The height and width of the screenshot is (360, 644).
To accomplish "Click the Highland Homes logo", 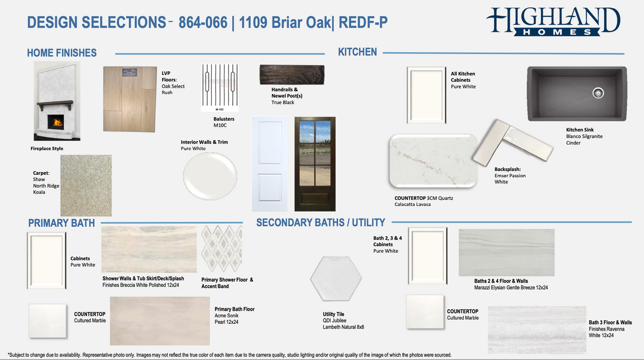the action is pos(553,22).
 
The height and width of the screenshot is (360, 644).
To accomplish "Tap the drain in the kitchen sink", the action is pos(598,93).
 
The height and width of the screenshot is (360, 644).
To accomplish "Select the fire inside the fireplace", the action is pos(56,122).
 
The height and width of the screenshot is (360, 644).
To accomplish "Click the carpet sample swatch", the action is pos(86,185).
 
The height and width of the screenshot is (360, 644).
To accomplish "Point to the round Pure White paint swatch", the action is pos(210,176).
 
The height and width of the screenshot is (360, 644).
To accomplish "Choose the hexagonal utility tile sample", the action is pos(336,279).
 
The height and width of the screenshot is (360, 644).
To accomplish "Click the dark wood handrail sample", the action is pos(292,75).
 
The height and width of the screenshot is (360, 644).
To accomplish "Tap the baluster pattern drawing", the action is pos(220,88).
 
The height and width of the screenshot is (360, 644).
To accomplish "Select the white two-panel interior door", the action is pos(270,164).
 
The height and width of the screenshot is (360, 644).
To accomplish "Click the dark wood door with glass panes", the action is pos(315,164).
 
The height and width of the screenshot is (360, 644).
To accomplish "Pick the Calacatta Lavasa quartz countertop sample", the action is pos(433,161).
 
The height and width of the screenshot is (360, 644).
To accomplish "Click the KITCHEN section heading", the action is pos(357,52).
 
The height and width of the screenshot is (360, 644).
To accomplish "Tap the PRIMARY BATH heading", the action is pos(62,223).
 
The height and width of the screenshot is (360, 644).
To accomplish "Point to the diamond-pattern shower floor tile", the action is pos(222,248).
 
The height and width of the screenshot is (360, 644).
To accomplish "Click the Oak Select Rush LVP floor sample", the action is pos(130,99).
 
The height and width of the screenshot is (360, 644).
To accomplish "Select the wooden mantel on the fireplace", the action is pos(55,104).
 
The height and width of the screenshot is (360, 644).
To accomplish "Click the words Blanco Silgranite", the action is pos(585,136).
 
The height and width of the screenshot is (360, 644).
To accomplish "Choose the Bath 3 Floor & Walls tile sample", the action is pos(537,329).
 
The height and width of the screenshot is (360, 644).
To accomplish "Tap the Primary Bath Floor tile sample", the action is pos(160,321).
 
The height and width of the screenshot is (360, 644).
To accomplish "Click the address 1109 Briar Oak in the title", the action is pos(284,23).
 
